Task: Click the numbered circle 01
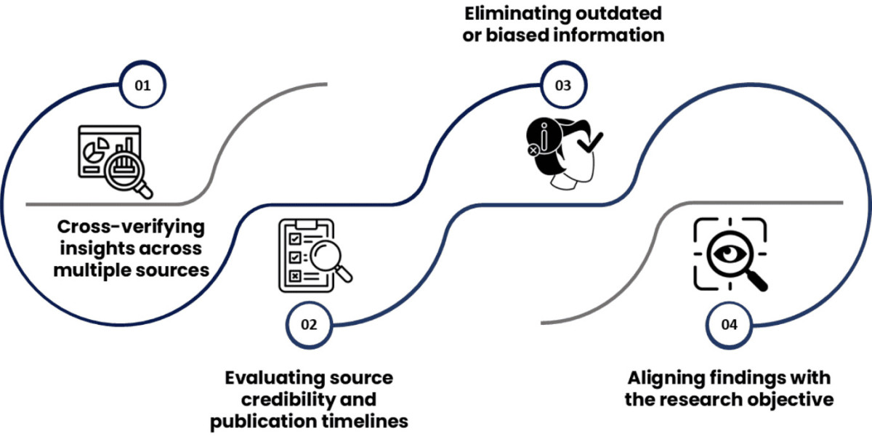click(142, 86)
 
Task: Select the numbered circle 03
click(562, 86)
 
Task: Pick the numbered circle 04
click(729, 324)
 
